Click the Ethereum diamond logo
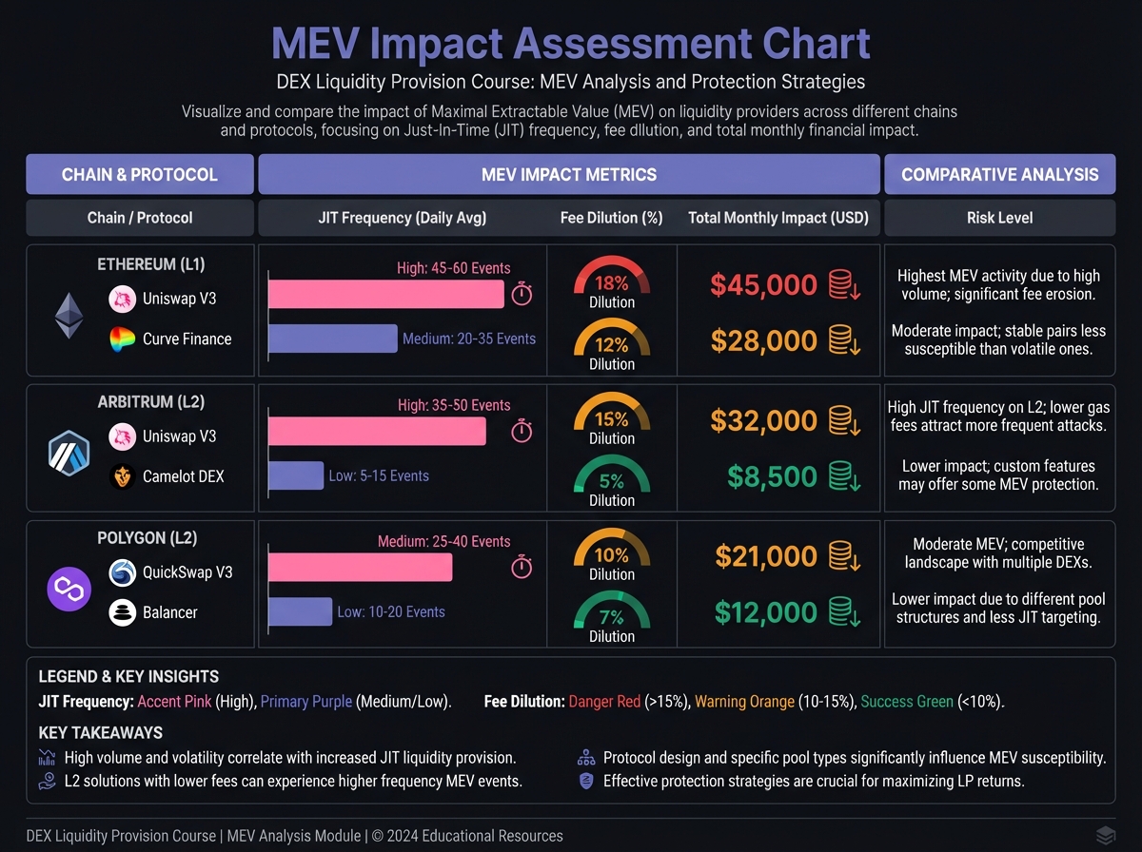(69, 316)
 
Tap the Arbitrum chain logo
(69, 453)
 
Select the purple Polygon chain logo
(69, 590)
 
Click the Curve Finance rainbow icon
(123, 339)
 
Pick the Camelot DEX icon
(123, 475)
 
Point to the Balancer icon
(123, 612)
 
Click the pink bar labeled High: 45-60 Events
(385, 295)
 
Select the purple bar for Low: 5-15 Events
(296, 475)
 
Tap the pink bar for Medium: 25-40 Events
(360, 568)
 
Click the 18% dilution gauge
(611, 282)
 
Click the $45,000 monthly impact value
(763, 284)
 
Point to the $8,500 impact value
(773, 476)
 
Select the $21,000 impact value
(766, 556)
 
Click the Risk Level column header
(999, 218)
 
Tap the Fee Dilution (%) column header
(611, 218)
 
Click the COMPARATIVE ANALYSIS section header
(999, 174)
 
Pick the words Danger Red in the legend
(604, 702)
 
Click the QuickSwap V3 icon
(123, 572)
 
